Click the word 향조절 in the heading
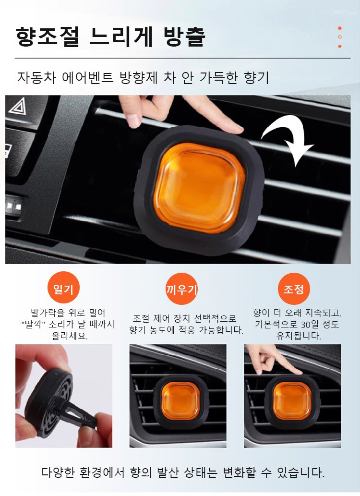pyautogui.click(x=47, y=37)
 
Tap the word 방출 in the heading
pyautogui.click(x=184, y=37)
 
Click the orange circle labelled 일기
pyautogui.click(x=63, y=288)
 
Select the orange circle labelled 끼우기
pyautogui.click(x=181, y=289)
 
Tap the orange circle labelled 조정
pyautogui.click(x=294, y=289)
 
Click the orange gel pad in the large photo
pyautogui.click(x=200, y=189)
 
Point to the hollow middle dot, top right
pyautogui.click(x=340, y=37)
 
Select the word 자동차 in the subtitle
pyautogui.click(x=36, y=78)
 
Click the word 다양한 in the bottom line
pyautogui.click(x=58, y=472)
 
